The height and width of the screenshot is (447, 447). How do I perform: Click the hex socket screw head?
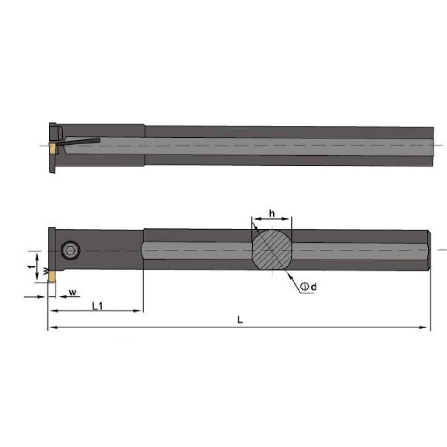[x=70, y=251]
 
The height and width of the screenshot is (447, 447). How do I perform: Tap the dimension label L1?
[x=97, y=306]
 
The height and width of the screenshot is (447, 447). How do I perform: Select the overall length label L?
[x=241, y=320]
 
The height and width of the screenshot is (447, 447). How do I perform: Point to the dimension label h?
[x=272, y=213]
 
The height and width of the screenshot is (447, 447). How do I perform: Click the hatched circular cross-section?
[x=272, y=250]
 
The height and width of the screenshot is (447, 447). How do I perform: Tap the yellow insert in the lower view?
[x=52, y=277]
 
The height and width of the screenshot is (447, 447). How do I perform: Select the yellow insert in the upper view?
[x=52, y=148]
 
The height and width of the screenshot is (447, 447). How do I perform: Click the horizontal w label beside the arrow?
[x=73, y=292]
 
